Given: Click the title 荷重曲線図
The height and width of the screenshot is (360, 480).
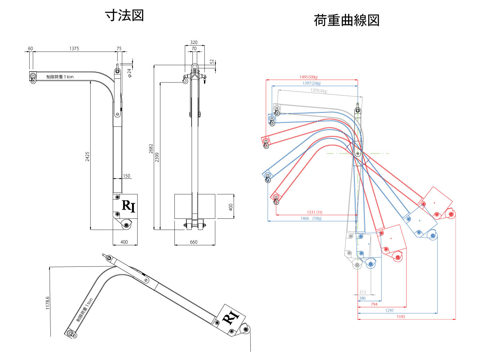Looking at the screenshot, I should point(346,20).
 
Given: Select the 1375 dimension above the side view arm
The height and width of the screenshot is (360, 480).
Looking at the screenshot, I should point(74,48).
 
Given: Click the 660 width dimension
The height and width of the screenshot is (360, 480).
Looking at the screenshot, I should point(194,242).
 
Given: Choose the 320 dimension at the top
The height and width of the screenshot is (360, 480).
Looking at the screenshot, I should point(194,42).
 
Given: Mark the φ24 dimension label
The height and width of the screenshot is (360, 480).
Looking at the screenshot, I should point(129,72).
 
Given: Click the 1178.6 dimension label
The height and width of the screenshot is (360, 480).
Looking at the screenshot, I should point(48,303).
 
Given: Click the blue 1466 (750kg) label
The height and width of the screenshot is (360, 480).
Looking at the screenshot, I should point(310,218).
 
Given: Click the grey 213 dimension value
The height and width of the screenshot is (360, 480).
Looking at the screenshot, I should point(363,292).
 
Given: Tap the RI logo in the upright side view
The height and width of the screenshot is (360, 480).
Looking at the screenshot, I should point(129,206).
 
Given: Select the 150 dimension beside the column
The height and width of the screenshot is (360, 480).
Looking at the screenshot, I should point(126,176).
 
